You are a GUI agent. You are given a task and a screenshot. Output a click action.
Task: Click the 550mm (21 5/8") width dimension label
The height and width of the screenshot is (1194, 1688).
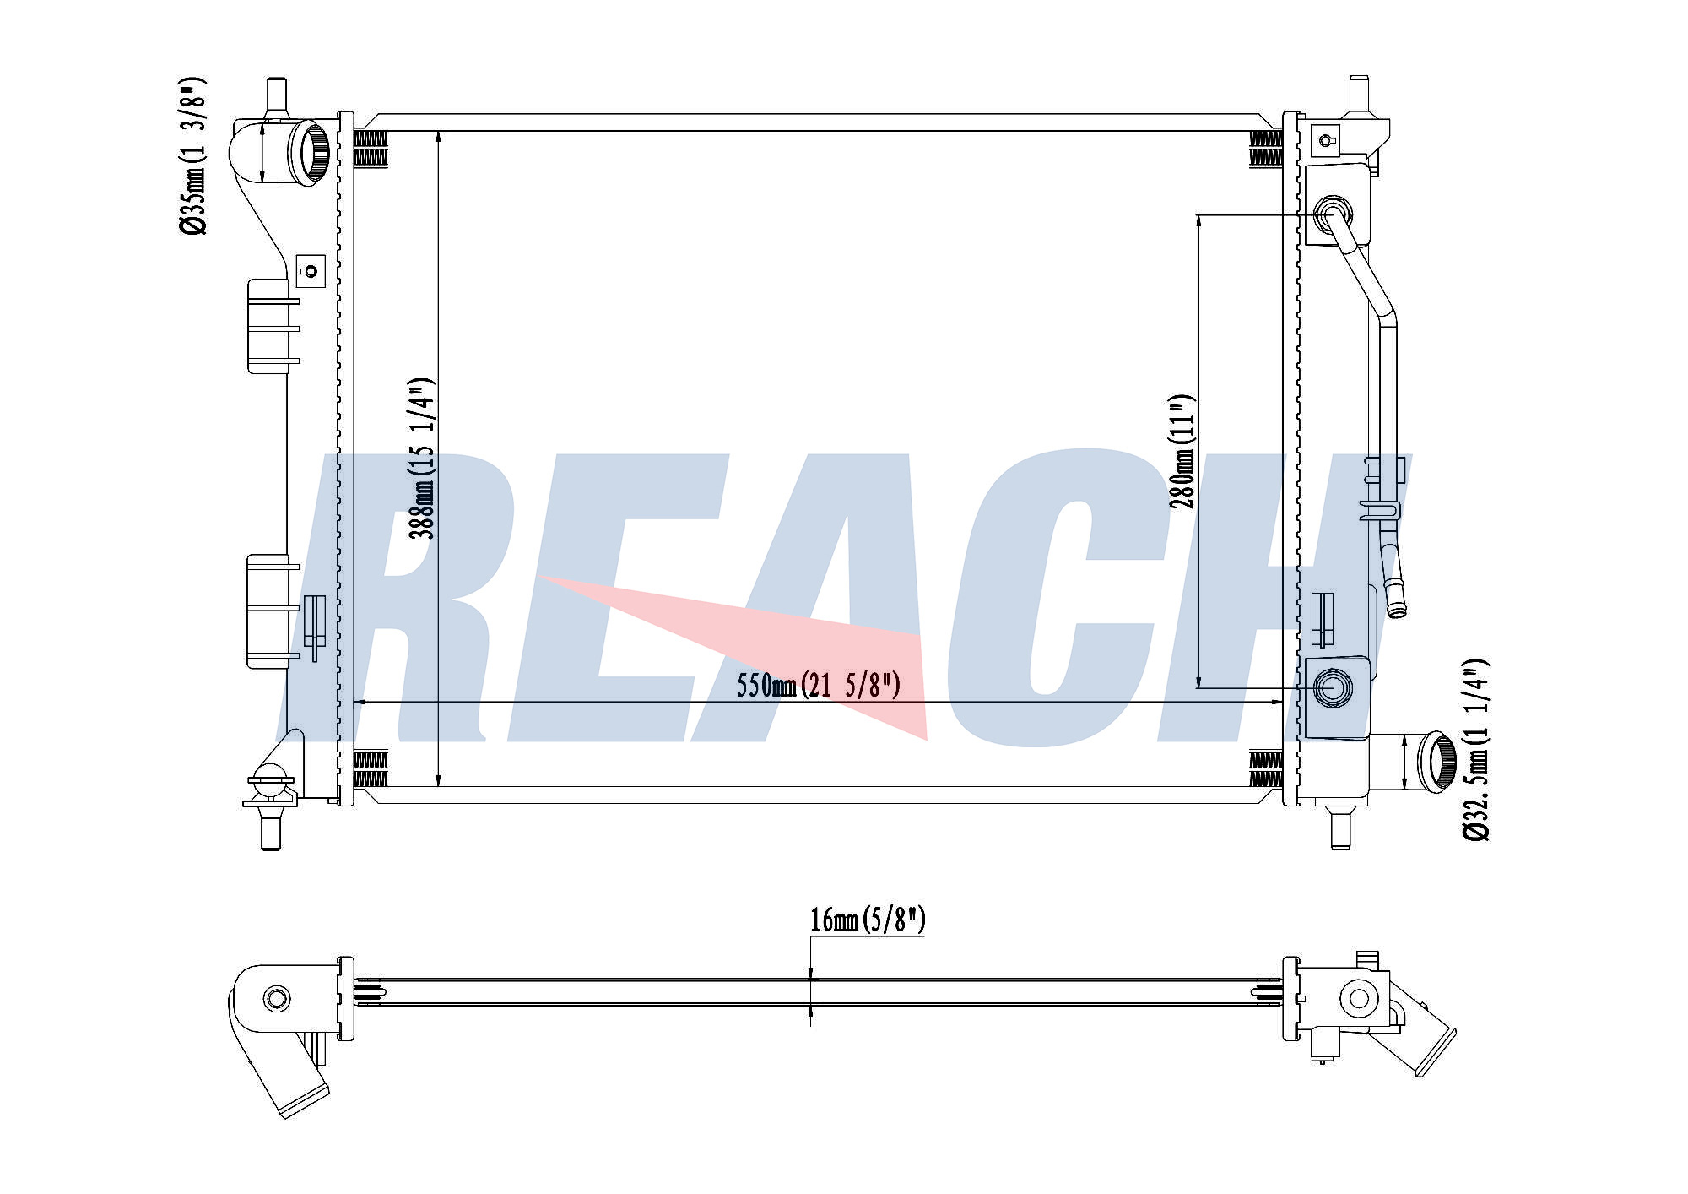pyautogui.click(x=818, y=685)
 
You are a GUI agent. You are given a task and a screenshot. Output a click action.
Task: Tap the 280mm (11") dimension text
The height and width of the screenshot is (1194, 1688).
pyautogui.click(x=1182, y=452)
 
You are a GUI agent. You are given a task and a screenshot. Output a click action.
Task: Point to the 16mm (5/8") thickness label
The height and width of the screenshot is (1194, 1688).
pyautogui.click(x=868, y=920)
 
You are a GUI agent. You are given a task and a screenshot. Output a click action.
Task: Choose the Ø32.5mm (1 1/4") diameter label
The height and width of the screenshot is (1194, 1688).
pyautogui.click(x=1476, y=750)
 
